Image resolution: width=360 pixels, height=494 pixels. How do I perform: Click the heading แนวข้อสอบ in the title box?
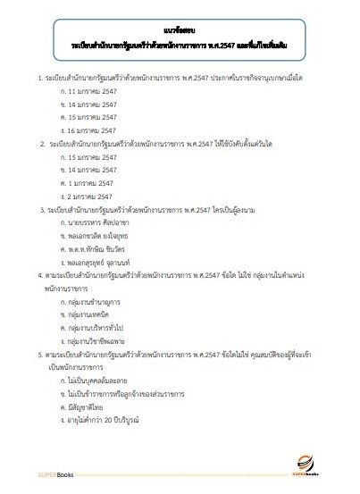[x=179, y=28]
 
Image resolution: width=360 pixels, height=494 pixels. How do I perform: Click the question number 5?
[x=30, y=355]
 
